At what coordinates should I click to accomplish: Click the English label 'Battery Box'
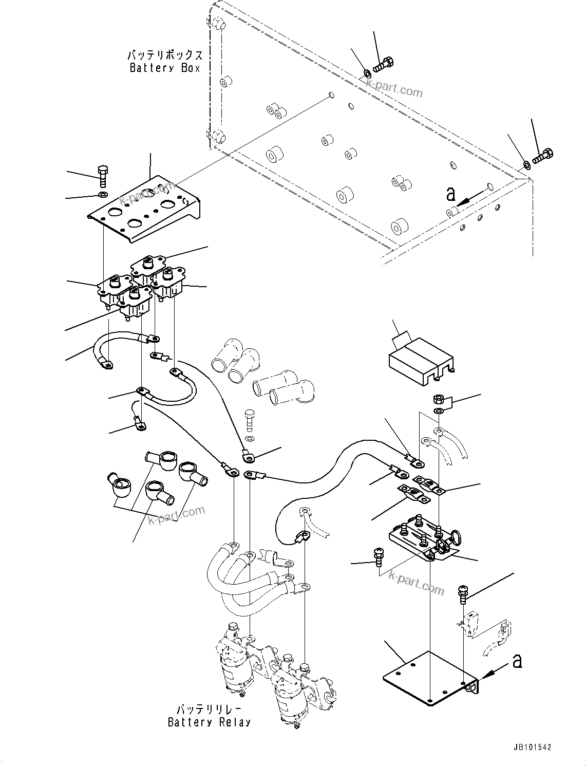[x=164, y=68]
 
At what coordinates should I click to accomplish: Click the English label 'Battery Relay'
[x=209, y=722]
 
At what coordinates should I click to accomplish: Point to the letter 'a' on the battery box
[x=451, y=194]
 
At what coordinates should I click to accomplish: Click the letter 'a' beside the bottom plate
[x=517, y=661]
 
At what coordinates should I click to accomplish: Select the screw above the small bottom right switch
[x=462, y=593]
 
